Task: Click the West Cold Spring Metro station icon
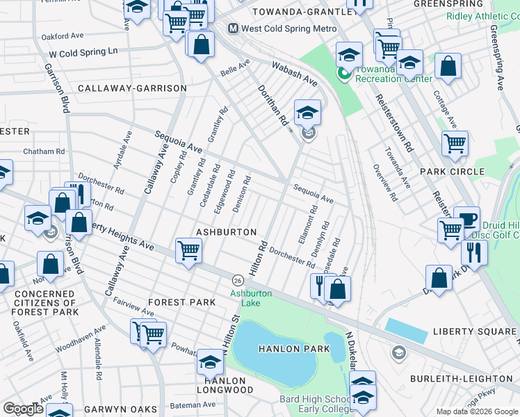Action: point(234,28)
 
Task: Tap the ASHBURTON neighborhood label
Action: point(227,231)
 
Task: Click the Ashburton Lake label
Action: point(251,297)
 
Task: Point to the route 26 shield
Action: point(238,279)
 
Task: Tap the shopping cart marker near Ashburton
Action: point(188,250)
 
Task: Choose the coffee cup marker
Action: point(466,218)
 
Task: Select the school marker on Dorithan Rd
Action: point(307,112)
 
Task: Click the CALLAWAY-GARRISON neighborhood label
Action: point(132,88)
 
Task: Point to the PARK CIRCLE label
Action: point(452,171)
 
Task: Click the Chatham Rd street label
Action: point(44,151)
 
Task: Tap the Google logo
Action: point(23,409)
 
